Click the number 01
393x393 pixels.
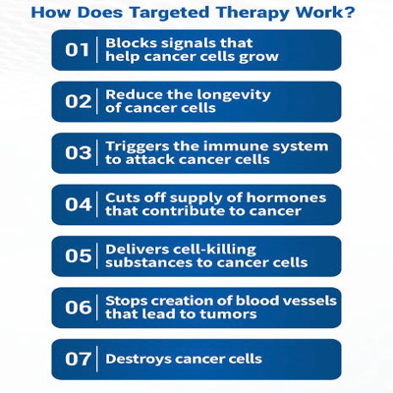point(77,50)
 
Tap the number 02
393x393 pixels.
point(78,101)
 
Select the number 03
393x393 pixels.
point(78,153)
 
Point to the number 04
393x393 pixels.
point(78,204)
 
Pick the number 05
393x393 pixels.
point(78,255)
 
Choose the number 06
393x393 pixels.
point(78,308)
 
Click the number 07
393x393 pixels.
point(78,359)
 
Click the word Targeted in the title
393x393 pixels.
point(169,14)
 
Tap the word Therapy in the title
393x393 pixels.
point(253,14)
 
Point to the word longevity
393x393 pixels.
point(235,95)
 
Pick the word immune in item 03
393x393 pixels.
point(239,146)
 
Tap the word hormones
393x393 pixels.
point(286,197)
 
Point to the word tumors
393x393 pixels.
point(228,314)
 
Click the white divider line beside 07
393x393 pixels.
point(97,359)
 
